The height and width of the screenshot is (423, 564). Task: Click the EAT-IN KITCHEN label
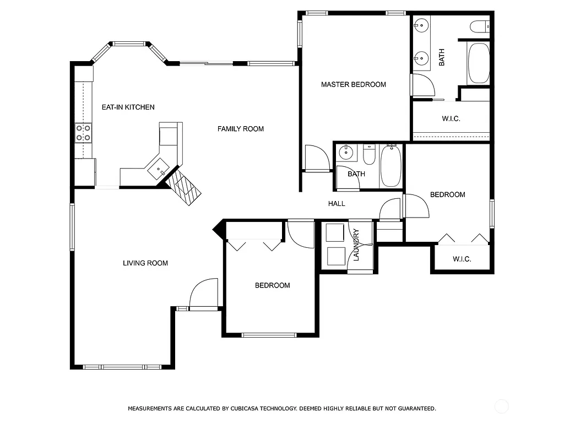[128, 107]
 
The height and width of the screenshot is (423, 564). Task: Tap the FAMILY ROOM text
[240, 129]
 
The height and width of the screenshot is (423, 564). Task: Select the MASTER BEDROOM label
[353, 84]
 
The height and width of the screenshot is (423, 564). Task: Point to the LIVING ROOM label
[145, 263]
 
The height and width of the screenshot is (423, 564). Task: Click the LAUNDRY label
[356, 245]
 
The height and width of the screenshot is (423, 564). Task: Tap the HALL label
[337, 204]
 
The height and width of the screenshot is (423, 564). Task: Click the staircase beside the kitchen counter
[185, 187]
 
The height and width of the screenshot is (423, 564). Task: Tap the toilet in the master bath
[480, 26]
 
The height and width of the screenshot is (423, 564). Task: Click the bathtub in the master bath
[478, 63]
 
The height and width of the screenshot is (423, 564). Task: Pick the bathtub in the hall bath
[391, 166]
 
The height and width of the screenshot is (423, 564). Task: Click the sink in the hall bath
[346, 152]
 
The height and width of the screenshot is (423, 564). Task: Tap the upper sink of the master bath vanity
[421, 25]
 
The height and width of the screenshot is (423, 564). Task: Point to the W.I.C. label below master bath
[451, 119]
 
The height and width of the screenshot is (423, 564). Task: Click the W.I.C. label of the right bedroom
[462, 259]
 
